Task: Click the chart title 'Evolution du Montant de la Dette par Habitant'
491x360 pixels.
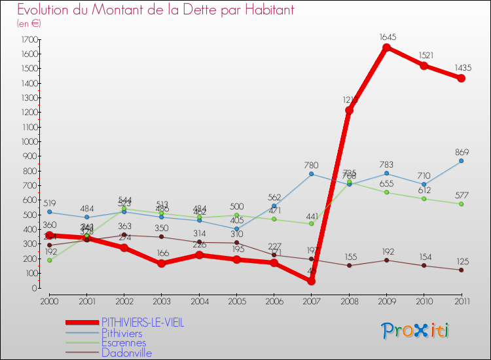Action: click(155, 10)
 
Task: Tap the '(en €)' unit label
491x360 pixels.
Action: click(29, 24)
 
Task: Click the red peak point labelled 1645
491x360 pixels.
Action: click(386, 47)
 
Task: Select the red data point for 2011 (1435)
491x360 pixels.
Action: click(461, 78)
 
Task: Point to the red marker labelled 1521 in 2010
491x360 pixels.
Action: click(424, 65)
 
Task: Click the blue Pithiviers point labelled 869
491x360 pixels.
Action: click(461, 160)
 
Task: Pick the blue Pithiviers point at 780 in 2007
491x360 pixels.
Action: click(312, 173)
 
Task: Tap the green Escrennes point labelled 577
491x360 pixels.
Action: click(461, 204)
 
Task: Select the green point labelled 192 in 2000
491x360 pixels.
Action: click(49, 260)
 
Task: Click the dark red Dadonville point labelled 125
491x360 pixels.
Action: click(461, 270)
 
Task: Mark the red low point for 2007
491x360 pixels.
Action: click(312, 281)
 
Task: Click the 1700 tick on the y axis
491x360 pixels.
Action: click(28, 39)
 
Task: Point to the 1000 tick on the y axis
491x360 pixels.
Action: click(28, 141)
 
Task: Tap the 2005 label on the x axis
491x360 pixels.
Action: click(236, 300)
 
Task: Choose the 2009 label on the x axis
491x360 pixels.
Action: click(386, 300)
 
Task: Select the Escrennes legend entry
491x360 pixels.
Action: click(124, 342)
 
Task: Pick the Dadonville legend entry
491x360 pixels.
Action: click(126, 353)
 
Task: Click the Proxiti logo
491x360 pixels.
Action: click(416, 331)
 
